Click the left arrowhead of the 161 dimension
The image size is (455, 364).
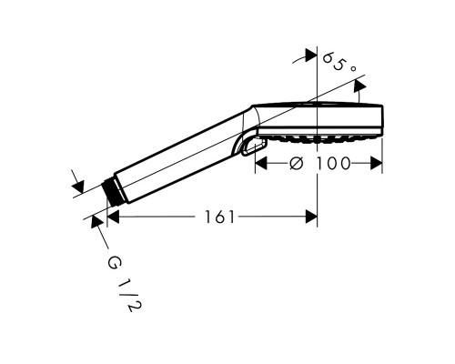[x=112, y=217]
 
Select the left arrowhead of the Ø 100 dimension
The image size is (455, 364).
[x=258, y=163]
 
